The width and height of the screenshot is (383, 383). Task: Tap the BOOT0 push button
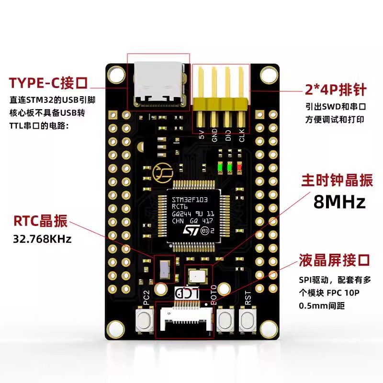pos(225,320)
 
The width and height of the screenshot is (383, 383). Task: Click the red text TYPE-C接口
pos(48,83)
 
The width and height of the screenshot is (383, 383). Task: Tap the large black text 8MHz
pos(339,202)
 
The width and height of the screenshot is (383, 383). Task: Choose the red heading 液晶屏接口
pos(335,260)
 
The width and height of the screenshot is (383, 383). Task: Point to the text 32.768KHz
pos(42,238)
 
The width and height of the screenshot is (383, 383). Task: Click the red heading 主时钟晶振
pos(337,180)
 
